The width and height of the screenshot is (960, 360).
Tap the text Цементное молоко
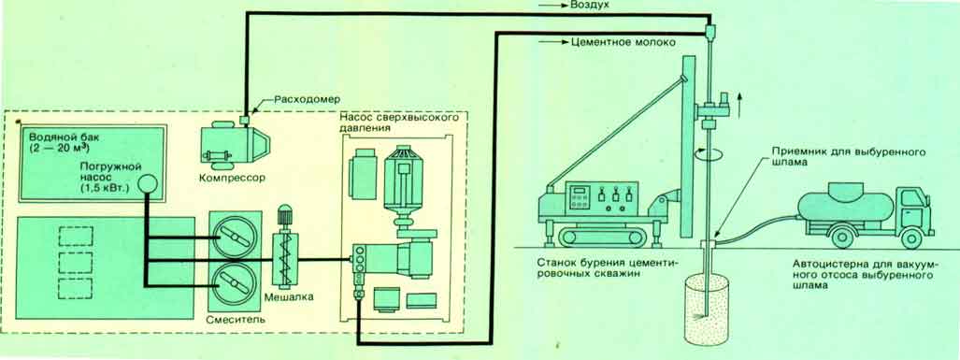(623, 43)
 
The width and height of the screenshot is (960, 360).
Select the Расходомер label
(293, 98)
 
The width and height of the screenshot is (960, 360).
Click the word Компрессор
(233, 179)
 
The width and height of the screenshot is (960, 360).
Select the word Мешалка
(290, 297)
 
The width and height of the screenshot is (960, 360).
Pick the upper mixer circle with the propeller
(236, 237)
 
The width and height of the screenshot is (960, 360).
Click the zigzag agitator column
(284, 259)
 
